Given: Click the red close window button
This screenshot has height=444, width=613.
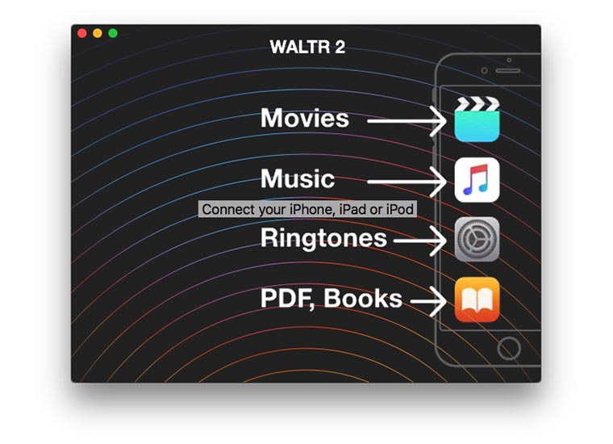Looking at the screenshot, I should (82, 33).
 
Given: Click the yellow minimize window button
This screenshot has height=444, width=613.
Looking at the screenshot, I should (98, 33).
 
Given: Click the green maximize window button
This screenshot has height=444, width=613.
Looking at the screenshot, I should (113, 33).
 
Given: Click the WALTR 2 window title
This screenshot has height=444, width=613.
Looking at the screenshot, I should (307, 47).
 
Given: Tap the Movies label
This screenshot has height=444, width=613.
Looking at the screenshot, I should (305, 119).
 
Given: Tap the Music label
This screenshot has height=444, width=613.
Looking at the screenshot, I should (297, 178).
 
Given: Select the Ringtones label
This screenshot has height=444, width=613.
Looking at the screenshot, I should (323, 238).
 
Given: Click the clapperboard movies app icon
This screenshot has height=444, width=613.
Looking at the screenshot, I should (477, 119).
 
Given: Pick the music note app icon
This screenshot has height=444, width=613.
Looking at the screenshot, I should (477, 179).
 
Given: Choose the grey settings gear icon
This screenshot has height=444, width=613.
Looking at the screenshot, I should (477, 239).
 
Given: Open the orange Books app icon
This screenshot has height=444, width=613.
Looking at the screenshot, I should (477, 299).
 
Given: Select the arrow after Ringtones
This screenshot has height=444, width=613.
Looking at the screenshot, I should (419, 240).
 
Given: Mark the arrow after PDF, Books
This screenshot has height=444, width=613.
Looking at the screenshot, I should (427, 302).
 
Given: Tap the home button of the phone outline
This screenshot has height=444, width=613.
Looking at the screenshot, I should (508, 348).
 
